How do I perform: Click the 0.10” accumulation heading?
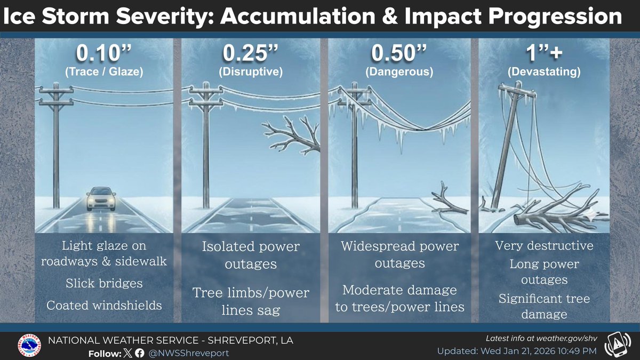[103, 54]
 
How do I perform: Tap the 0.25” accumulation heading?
[251, 54]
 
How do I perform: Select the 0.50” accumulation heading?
[398, 54]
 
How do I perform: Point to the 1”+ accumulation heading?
[545, 54]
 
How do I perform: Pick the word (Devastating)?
[545, 71]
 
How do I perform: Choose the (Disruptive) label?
[251, 71]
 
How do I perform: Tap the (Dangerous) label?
[398, 71]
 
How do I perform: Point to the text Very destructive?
[544, 246]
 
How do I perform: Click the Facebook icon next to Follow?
[139, 353]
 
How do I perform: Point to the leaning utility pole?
[507, 149]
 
